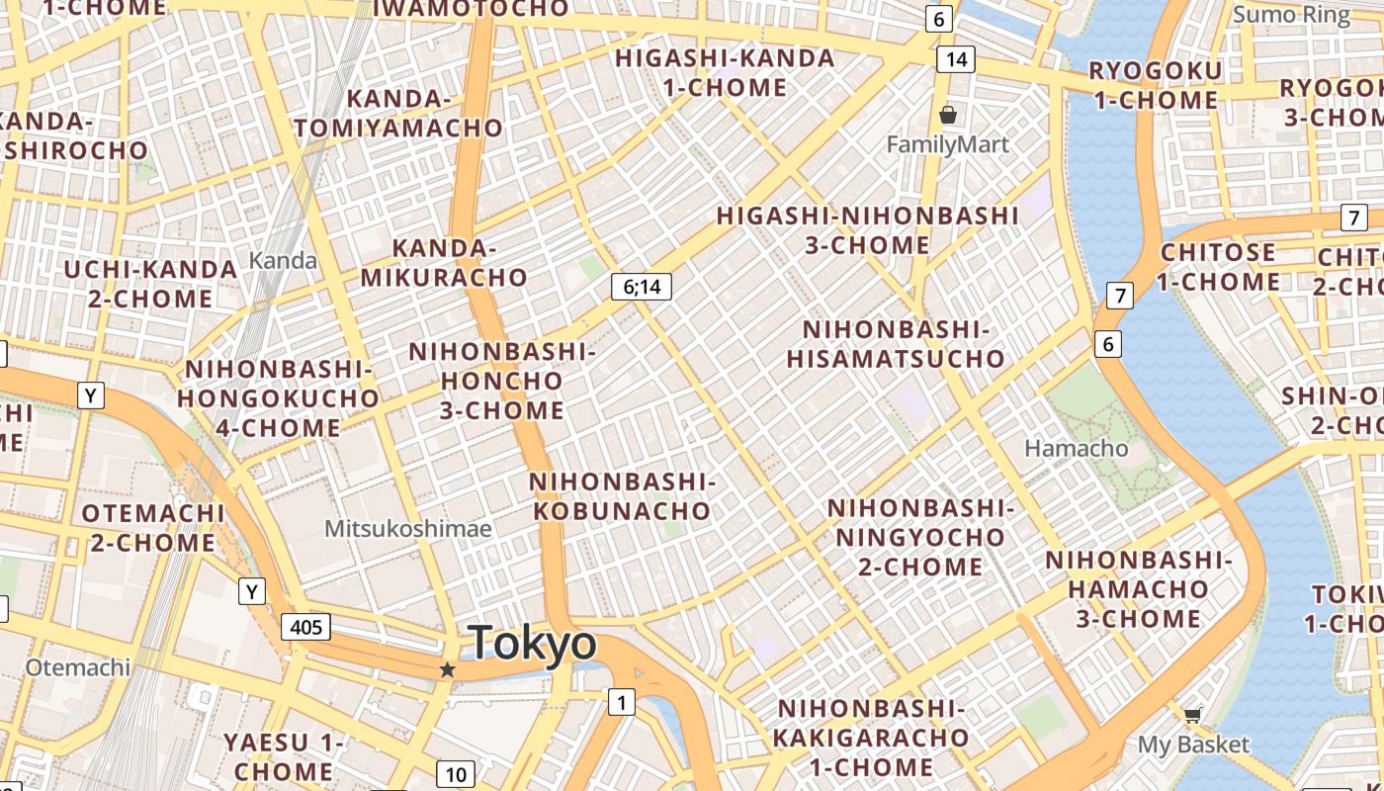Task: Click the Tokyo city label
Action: tap(533, 644)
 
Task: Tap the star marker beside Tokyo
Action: tap(447, 670)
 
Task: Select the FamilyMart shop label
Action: tap(947, 145)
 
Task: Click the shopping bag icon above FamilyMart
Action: tap(948, 115)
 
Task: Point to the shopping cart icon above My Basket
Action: tap(1193, 715)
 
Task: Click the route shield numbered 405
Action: tap(305, 626)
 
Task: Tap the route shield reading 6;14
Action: tap(641, 287)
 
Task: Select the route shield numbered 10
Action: tap(455, 774)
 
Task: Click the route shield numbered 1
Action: tap(621, 703)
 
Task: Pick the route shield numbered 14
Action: tap(956, 58)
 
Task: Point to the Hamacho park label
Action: tap(1076, 448)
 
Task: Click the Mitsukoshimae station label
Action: tap(407, 529)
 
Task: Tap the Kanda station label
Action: tap(283, 261)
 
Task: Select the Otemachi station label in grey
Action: tap(78, 667)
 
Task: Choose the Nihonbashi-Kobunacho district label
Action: tap(622, 496)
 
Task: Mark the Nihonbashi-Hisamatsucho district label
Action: tap(896, 343)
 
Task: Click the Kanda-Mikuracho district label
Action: tap(444, 263)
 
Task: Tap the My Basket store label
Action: tap(1193, 745)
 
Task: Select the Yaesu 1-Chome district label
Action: tap(284, 756)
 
